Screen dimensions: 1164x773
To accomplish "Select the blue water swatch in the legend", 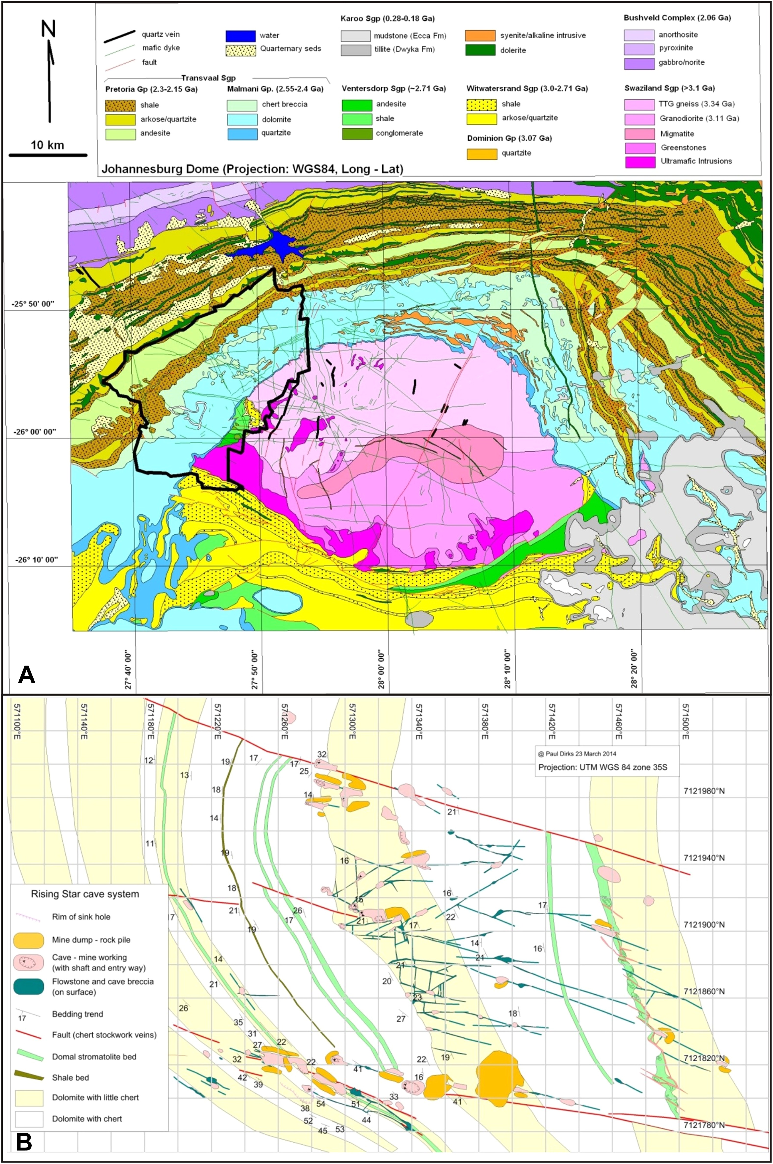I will coord(241,36).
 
